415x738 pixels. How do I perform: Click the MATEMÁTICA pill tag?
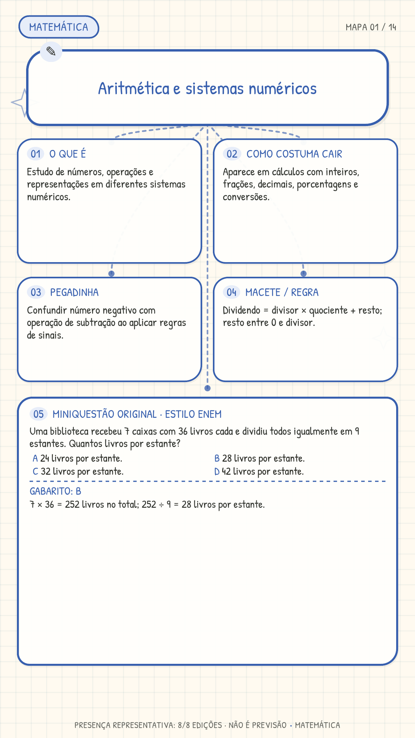tap(59, 27)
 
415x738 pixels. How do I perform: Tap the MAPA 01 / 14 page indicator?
tap(371, 27)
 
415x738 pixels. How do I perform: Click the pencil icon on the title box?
tap(51, 51)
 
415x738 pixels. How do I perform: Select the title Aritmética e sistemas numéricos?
tap(207, 88)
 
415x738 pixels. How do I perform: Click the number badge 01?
tap(36, 154)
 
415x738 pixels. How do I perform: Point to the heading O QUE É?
tap(68, 154)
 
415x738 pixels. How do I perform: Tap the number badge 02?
tap(232, 154)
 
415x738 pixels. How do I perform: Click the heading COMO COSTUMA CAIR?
tap(294, 154)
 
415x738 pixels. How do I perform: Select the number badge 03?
tap(36, 293)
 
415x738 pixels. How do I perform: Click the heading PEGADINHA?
tap(74, 293)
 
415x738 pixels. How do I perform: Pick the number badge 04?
tap(231, 293)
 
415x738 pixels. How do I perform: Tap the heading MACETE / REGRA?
tap(282, 293)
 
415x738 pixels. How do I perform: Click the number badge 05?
tap(38, 414)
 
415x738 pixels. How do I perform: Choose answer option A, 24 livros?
tap(78, 459)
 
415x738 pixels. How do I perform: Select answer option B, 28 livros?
tap(260, 459)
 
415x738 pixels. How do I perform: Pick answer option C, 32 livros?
tap(78, 472)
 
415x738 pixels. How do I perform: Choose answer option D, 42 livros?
tap(259, 472)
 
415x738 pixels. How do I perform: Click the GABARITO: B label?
tap(55, 491)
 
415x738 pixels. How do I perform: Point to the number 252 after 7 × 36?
tap(72, 504)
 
